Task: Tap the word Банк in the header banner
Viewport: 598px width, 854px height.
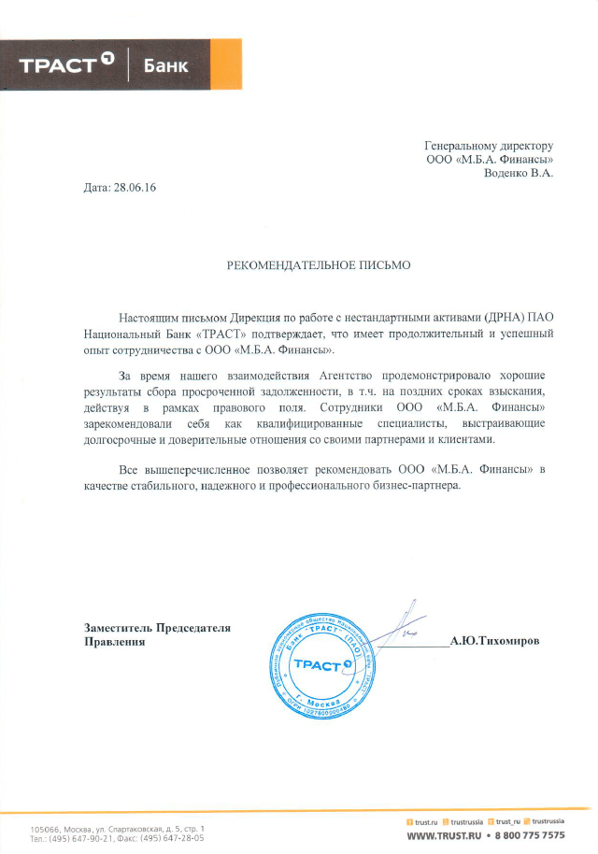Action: coord(165,65)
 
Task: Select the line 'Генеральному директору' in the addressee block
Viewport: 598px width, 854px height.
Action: coord(489,146)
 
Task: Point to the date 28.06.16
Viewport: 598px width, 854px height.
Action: coord(134,188)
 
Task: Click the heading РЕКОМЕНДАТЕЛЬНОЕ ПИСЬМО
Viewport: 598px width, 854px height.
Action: coord(319,265)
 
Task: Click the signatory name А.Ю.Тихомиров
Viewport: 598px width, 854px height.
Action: coord(494,642)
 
